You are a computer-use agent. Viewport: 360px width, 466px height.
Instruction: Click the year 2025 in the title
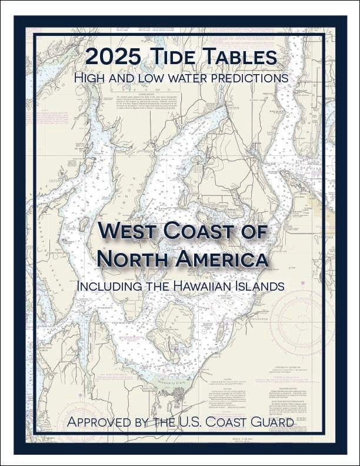pos(111,57)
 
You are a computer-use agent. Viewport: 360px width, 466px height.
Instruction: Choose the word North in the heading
pos(131,259)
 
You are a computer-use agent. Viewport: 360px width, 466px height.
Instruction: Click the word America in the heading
pos(221,259)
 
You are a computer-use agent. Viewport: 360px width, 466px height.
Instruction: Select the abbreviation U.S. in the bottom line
pos(196,422)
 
